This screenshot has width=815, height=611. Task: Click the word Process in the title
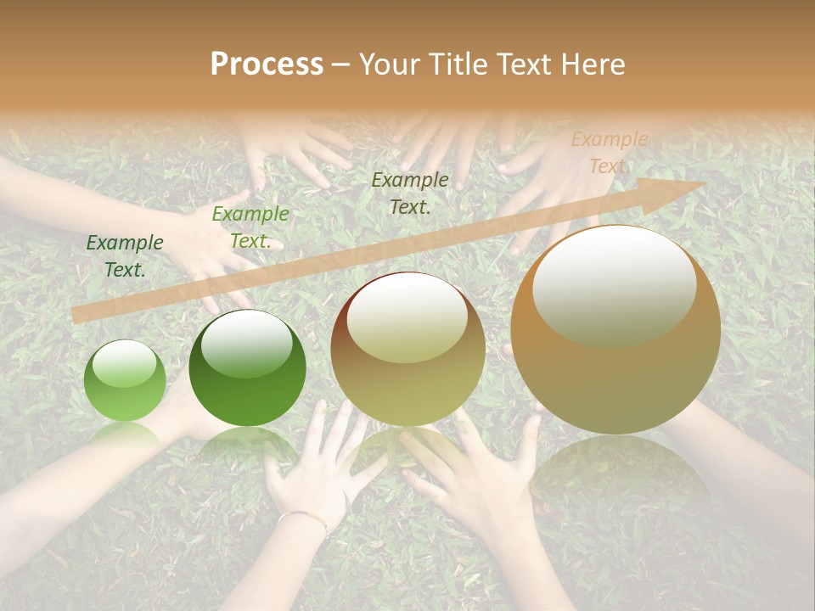click(x=267, y=64)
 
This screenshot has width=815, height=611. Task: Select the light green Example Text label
click(x=250, y=227)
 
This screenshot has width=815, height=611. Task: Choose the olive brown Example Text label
click(x=410, y=193)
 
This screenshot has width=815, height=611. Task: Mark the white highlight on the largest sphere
click(x=614, y=284)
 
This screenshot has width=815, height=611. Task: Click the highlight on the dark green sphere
click(x=246, y=343)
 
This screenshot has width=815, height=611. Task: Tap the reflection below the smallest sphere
click(x=126, y=437)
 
